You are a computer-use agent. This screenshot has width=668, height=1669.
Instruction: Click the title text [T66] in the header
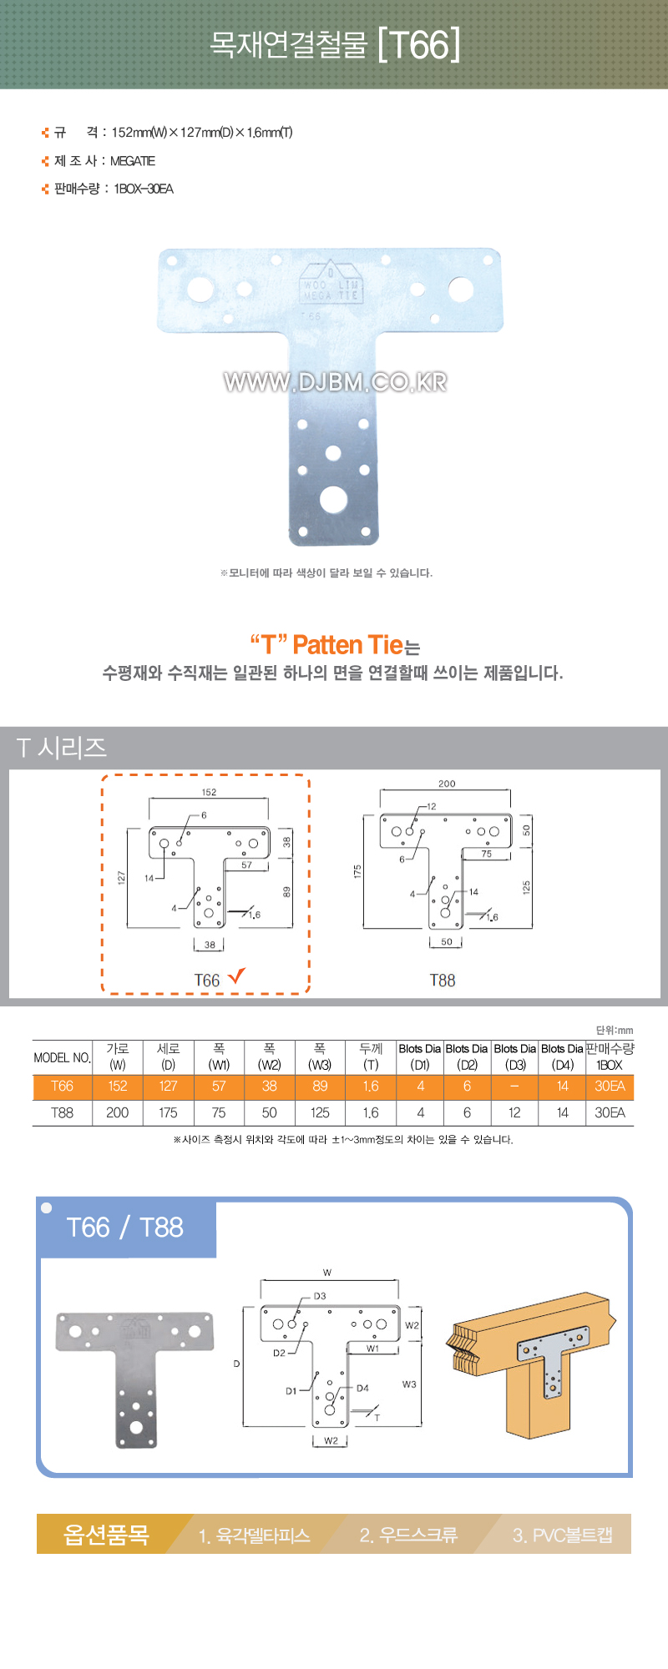[x=418, y=45]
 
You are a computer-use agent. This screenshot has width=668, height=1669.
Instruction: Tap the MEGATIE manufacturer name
[x=133, y=161]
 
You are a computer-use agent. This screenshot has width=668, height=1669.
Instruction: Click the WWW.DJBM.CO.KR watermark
[x=335, y=382]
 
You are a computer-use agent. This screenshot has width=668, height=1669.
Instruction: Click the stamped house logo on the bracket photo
[x=331, y=282]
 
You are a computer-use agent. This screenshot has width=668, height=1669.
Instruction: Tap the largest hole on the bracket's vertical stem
[x=333, y=499]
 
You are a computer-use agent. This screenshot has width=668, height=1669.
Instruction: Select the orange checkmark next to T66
[x=236, y=975]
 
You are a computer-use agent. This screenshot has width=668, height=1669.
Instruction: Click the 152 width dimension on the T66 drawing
[x=209, y=792]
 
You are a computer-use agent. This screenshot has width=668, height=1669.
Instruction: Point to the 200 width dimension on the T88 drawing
[x=447, y=784]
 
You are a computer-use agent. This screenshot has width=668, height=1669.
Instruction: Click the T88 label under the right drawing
[x=443, y=981]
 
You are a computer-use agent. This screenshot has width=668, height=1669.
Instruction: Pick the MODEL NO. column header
[x=62, y=1057]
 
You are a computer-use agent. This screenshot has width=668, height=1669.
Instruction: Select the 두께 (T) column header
[x=371, y=1056]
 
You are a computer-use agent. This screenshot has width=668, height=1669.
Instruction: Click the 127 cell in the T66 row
[x=168, y=1086]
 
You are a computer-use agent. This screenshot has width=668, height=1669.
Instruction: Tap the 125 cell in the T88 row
[x=320, y=1112]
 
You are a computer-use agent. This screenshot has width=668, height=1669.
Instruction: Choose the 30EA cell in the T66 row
[x=610, y=1086]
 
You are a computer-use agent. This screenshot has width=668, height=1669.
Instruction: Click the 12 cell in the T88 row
[x=514, y=1112]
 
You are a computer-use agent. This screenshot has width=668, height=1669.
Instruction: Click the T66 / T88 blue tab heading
[x=124, y=1228]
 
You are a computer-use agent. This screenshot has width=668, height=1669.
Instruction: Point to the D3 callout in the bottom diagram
[x=320, y=1296]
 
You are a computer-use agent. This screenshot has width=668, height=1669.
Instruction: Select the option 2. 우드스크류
[x=408, y=1535]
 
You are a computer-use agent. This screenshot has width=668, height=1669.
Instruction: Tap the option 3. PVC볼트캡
[x=563, y=1535]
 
